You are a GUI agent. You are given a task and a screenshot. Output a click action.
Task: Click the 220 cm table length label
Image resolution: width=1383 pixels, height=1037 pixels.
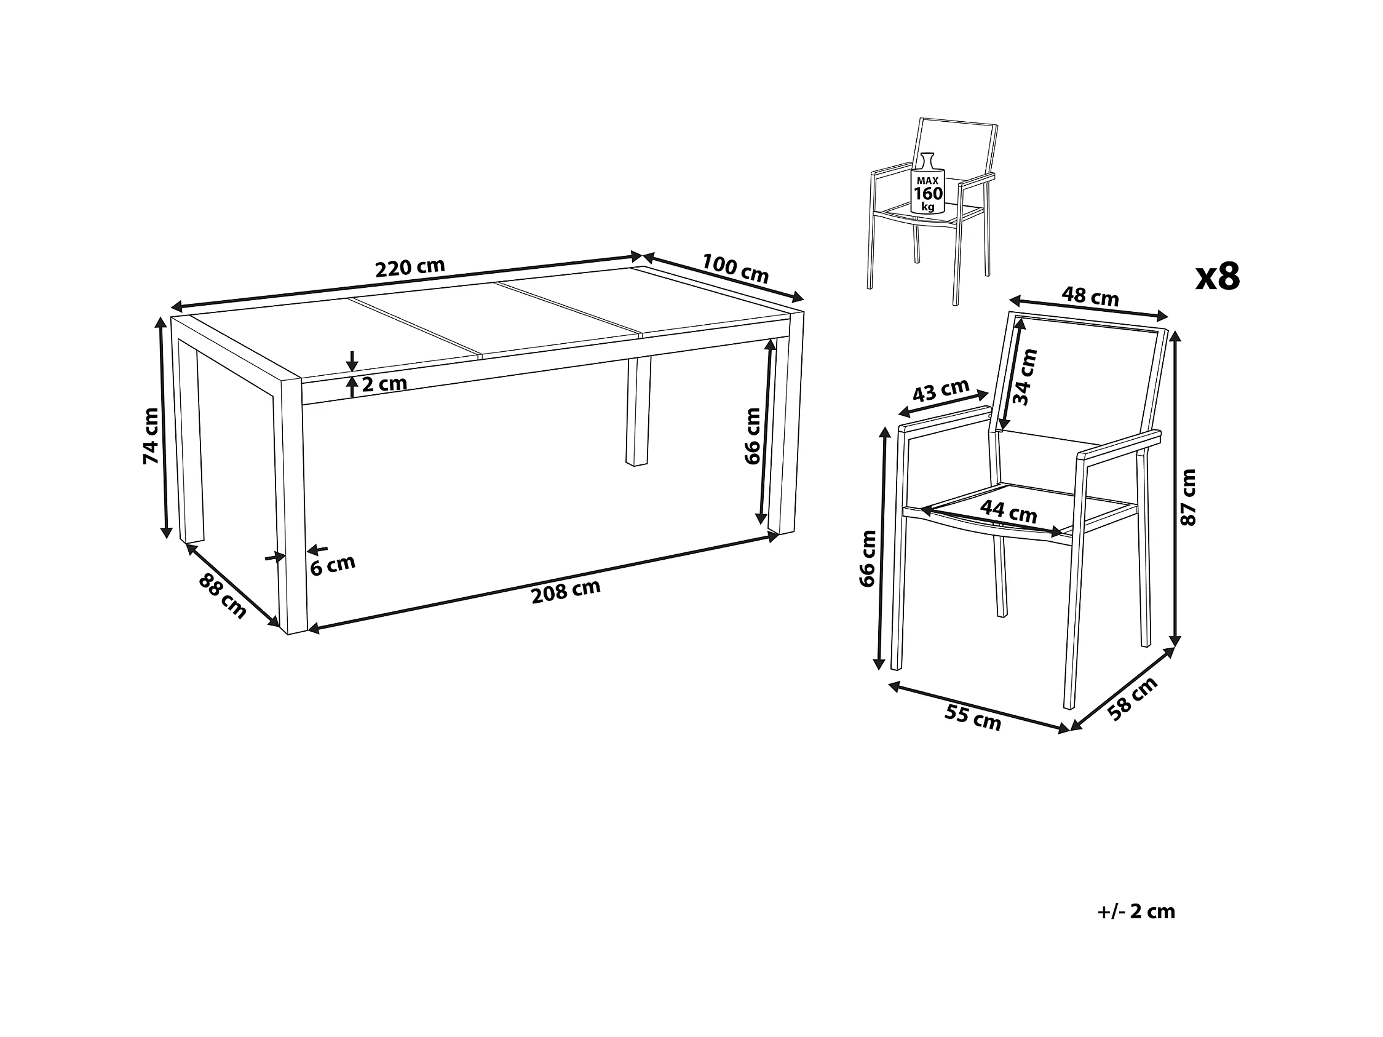point(410,268)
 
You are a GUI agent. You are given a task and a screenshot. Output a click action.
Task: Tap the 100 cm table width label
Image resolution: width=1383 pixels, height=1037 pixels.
point(735,268)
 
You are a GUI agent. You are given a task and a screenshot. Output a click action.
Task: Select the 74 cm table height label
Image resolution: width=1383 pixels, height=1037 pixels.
point(151,435)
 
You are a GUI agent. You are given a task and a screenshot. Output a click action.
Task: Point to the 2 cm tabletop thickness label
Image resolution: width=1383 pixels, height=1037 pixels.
point(384,383)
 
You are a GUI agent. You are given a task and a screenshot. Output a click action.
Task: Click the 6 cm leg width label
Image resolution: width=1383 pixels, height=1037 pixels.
point(333,565)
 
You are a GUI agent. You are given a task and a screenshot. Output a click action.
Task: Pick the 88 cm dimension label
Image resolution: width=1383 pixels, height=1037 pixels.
point(223,596)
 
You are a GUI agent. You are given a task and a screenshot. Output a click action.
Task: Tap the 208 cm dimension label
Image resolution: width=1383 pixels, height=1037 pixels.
point(566,591)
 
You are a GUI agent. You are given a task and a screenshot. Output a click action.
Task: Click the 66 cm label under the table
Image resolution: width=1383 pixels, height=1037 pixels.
point(753,436)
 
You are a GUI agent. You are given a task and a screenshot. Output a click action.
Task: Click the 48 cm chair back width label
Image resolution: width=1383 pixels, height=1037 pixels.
point(1090,296)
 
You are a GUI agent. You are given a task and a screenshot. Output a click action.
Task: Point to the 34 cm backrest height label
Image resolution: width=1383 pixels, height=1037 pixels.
point(1024,377)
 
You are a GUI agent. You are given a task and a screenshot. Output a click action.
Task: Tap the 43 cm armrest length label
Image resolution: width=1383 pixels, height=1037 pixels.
point(941,391)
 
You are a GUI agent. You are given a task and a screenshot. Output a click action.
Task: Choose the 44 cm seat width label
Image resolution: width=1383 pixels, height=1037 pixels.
point(1009,511)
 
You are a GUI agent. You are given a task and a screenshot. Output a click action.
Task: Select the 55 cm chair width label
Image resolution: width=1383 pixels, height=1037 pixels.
point(973,718)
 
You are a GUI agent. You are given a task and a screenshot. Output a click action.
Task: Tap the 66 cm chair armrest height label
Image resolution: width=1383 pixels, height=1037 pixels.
point(868,558)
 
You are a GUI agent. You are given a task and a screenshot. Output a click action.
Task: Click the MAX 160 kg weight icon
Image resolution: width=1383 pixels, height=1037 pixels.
point(928,184)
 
